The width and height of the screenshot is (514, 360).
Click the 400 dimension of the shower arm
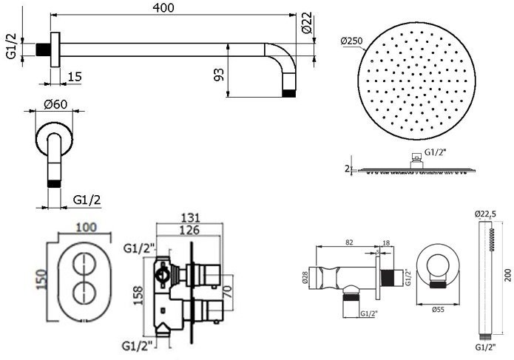(164, 7)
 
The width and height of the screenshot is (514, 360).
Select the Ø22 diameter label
(307, 23)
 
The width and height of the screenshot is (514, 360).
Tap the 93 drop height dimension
(220, 75)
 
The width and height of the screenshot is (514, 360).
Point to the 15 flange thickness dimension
(75, 77)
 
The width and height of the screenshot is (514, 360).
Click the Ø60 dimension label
(55, 104)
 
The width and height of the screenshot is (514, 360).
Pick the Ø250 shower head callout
(351, 41)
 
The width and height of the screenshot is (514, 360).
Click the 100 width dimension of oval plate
(87, 227)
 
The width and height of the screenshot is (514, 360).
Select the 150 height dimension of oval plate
(41, 279)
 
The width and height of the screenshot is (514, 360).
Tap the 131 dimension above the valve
(190, 218)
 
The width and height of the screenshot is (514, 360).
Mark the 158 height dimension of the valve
(138, 296)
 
